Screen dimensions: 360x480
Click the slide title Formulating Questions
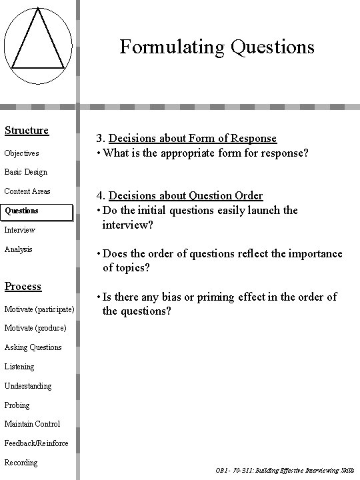tap(217, 47)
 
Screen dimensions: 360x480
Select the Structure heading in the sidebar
tap(27, 130)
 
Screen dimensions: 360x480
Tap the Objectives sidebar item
tap(22, 153)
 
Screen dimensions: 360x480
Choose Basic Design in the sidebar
tap(26, 172)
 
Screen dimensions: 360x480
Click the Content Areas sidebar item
tap(27, 191)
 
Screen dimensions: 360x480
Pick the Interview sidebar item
tap(19, 230)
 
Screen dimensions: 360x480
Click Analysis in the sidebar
tap(19, 249)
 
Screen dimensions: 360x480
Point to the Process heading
tap(23, 286)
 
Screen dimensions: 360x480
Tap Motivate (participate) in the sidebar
tap(39, 309)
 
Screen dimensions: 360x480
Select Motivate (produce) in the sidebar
tap(35, 328)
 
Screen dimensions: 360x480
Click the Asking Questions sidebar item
tap(33, 347)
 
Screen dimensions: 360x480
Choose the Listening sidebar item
tap(19, 367)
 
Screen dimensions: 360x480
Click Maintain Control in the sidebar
tap(32, 424)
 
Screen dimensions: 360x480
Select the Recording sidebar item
tap(21, 463)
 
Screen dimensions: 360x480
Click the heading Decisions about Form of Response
tap(193, 139)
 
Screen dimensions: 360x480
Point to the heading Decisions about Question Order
tap(186, 195)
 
